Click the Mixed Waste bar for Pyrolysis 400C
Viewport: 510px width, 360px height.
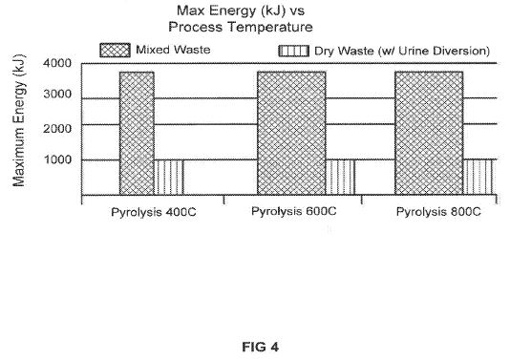(137, 134)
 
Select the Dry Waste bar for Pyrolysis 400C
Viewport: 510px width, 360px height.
(169, 178)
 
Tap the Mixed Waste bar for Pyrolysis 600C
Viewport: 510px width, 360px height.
(291, 134)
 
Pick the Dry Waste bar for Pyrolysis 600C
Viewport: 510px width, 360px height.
(340, 178)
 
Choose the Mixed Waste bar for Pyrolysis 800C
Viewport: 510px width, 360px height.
(429, 134)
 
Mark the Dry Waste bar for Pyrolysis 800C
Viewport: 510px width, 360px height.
(478, 178)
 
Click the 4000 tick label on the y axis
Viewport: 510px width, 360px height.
(57, 63)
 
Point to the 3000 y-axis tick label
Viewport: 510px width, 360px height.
(57, 94)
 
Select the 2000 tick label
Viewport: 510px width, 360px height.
(57, 129)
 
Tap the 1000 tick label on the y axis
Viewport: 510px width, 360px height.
(57, 159)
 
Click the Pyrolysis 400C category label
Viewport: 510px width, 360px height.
(154, 212)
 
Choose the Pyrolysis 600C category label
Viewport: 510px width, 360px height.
(294, 211)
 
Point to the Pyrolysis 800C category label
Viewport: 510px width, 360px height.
(438, 212)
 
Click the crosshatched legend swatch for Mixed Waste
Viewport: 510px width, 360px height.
(116, 51)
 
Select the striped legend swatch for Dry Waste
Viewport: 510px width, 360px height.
(294, 51)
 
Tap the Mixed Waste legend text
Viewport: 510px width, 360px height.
(173, 50)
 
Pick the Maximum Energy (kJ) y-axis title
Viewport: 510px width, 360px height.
(18, 120)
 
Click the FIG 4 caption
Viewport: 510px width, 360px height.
(260, 347)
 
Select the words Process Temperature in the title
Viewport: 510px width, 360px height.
(241, 27)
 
